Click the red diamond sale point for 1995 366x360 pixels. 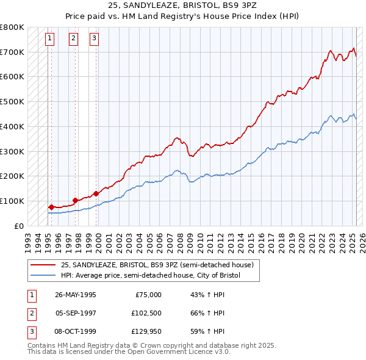click(x=51, y=207)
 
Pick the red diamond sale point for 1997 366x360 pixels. click(x=74, y=200)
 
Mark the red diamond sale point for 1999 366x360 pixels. click(x=96, y=193)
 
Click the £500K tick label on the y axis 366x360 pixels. click(x=12, y=101)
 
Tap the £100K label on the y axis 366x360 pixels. click(x=12, y=201)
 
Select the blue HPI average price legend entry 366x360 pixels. click(x=151, y=276)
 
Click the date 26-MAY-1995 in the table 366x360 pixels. click(x=76, y=295)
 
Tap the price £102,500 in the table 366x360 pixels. click(x=145, y=314)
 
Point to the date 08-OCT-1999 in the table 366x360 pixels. click(x=76, y=333)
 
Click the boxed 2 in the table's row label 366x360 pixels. click(x=30, y=314)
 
